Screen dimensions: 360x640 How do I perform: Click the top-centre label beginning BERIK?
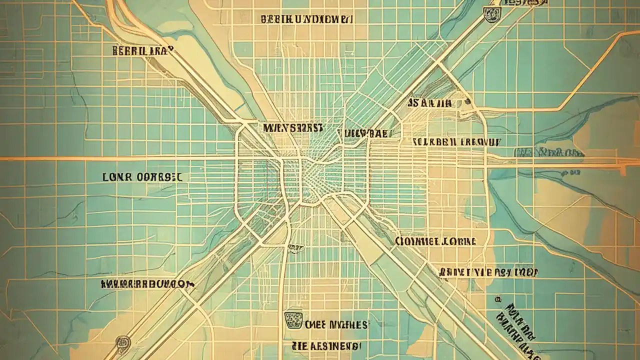[307, 19]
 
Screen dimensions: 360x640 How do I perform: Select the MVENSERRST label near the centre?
[292, 128]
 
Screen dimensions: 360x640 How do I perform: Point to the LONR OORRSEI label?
[142, 177]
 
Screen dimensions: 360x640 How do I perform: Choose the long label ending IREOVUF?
[456, 141]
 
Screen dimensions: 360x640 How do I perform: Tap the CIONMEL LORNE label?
[435, 241]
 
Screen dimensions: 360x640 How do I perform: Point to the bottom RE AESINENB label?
[325, 345]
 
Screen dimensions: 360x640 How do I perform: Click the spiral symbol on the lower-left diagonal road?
[123, 342]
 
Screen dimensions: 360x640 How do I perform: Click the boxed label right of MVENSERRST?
[369, 133]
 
